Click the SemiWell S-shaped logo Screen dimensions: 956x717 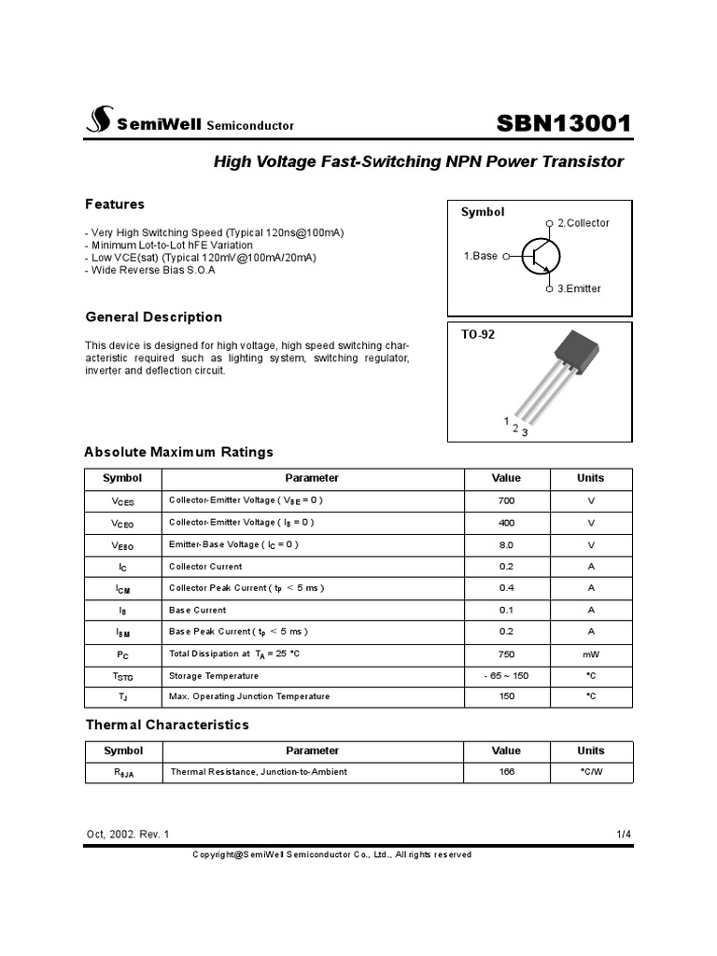click(98, 119)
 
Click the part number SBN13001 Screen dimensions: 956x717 click(564, 123)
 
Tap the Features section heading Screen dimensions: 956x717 click(115, 204)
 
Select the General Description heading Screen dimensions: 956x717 click(153, 316)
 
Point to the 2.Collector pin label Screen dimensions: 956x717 click(583, 223)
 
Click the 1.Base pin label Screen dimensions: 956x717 click(481, 256)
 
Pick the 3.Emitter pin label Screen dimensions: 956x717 click(579, 288)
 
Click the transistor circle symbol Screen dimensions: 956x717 click(541, 256)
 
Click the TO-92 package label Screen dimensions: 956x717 click(478, 334)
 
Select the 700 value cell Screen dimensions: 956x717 click(506, 500)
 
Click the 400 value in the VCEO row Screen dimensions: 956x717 click(506, 523)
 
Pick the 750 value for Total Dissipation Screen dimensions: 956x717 click(506, 654)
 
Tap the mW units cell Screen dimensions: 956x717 click(590, 654)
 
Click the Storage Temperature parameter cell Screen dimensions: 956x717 click(214, 676)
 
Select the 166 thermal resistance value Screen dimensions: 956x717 click(506, 772)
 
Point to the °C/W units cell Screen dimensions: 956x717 click(590, 772)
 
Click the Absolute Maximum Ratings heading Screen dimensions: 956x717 click(178, 452)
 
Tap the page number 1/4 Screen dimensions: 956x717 click(624, 834)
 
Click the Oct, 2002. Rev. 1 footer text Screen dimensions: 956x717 click(128, 834)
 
